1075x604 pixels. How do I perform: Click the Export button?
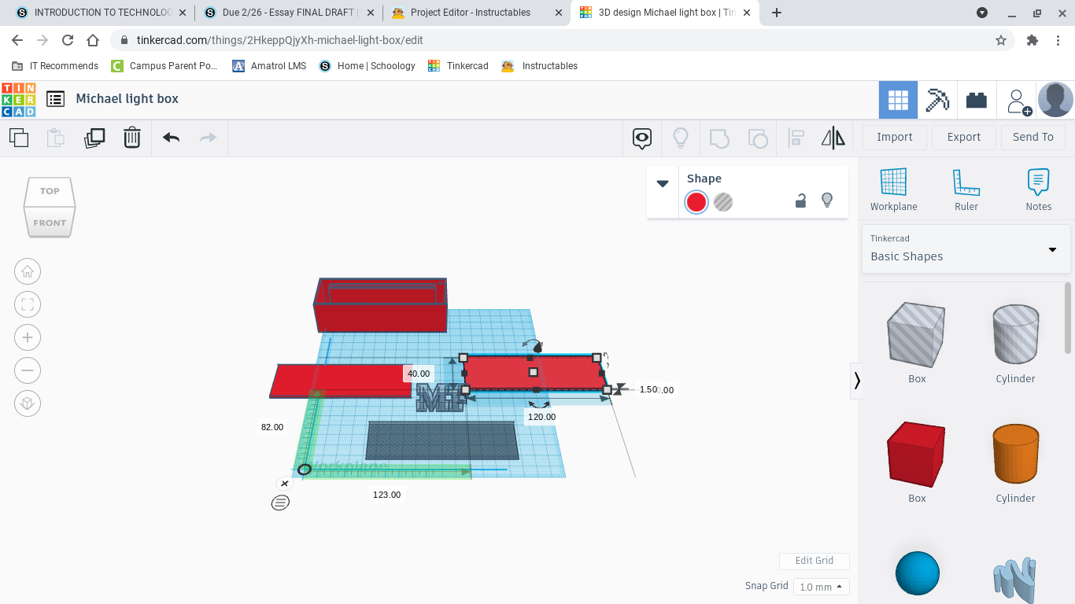pos(963,137)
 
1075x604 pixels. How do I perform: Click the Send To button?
pos(1033,137)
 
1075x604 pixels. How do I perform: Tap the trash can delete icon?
pos(132,138)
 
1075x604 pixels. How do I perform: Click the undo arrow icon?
pos(171,138)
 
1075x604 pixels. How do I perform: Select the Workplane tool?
pos(893,190)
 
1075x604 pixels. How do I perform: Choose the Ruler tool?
pos(966,190)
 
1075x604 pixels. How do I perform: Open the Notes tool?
pos(1038,190)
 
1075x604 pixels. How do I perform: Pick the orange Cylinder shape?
pos(1015,454)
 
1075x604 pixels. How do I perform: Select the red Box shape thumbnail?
pos(917,454)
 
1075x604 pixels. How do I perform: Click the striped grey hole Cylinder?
pos(1015,334)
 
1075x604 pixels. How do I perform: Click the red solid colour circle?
pos(696,202)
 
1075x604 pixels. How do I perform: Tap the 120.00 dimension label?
pos(541,417)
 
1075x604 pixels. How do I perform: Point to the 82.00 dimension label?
pos(272,427)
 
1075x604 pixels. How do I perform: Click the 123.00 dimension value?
pos(386,495)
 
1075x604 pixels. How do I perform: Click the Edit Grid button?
pos(814,561)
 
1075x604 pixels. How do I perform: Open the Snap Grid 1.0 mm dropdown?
pos(821,587)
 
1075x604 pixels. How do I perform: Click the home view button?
pos(28,272)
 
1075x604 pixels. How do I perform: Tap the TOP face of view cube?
pos(50,191)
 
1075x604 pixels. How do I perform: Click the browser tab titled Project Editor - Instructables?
pos(470,13)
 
